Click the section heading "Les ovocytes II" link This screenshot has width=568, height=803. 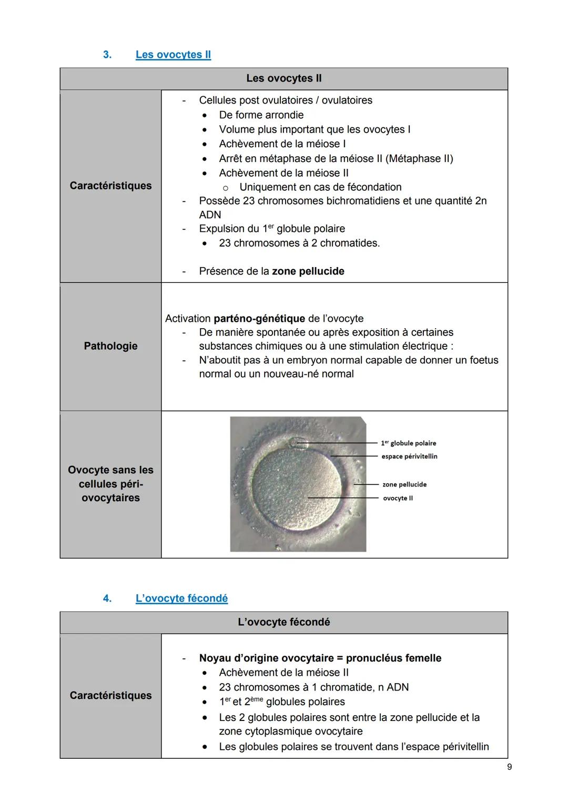coord(173,55)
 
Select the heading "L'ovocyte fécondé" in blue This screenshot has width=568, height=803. coord(181,598)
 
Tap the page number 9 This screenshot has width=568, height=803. coord(509,767)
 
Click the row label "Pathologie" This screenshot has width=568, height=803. coord(110,346)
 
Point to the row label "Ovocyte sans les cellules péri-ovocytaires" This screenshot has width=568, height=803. coord(110,484)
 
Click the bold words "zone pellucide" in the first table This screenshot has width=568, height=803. coord(308,271)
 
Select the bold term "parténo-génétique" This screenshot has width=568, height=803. coord(259,319)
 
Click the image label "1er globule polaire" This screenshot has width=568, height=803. coord(409,443)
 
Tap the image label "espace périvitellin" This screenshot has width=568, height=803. coord(409,456)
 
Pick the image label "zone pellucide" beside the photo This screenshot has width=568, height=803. coord(404,484)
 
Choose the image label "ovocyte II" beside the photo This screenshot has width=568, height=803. coord(398,498)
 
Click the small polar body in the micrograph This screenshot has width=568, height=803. coord(299,443)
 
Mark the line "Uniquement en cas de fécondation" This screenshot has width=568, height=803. coord(320,187)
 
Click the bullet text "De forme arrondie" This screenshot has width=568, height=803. coord(261,115)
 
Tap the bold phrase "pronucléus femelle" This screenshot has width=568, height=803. coord(394,658)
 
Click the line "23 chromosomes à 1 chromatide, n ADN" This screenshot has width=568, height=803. coord(313,687)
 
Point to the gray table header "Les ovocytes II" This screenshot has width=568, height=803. coord(283,79)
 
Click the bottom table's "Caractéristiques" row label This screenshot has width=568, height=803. coord(110,696)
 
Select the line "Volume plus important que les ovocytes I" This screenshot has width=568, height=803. coord(315,129)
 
